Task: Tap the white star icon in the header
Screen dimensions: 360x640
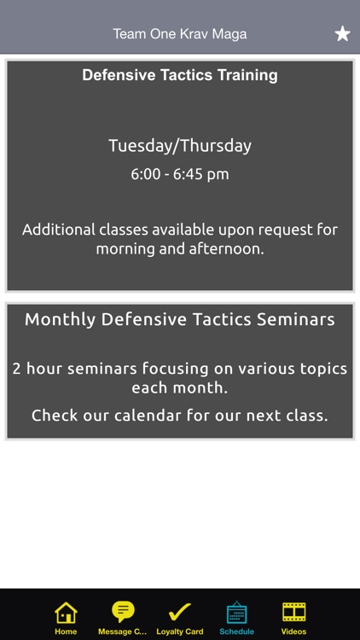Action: (342, 33)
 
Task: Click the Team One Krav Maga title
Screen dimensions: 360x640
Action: (180, 34)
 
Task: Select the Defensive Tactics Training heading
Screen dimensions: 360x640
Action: (180, 75)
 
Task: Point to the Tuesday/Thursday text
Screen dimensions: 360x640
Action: (180, 146)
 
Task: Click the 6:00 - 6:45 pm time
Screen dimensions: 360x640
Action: (180, 174)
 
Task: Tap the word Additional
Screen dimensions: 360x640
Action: (59, 230)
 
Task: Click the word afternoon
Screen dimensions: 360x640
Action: (227, 248)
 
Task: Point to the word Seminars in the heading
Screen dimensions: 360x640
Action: (296, 319)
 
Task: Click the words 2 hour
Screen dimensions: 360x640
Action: (38, 369)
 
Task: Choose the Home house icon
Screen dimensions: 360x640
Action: (66, 613)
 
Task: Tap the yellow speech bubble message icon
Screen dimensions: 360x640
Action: (123, 612)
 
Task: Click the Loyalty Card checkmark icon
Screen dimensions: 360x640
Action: (180, 613)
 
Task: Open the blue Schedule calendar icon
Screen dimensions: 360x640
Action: (237, 613)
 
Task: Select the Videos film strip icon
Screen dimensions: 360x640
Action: (293, 613)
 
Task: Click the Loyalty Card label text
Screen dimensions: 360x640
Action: (180, 631)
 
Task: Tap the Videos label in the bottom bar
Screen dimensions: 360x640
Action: (293, 631)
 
